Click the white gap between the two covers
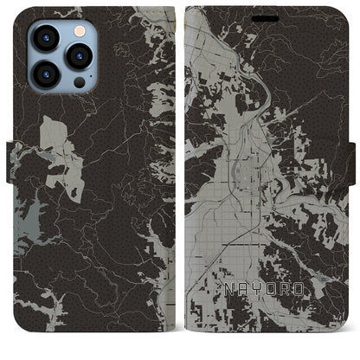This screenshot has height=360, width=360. (180, 173)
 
